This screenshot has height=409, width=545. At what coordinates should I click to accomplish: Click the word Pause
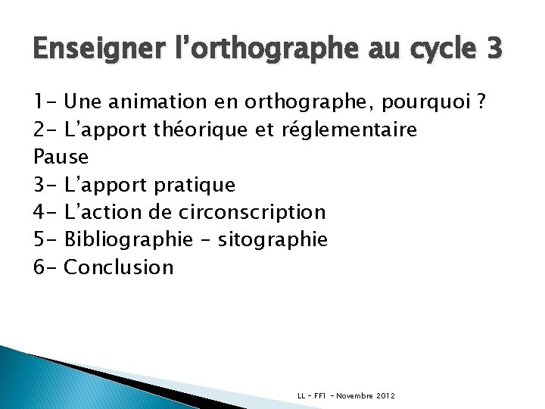tap(61, 158)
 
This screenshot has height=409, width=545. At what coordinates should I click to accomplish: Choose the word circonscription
tap(255, 212)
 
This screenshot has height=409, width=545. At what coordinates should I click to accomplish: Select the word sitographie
tap(272, 240)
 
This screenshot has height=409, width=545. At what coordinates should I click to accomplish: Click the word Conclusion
tap(120, 267)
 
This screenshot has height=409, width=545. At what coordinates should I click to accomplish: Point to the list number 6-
tap(45, 267)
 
